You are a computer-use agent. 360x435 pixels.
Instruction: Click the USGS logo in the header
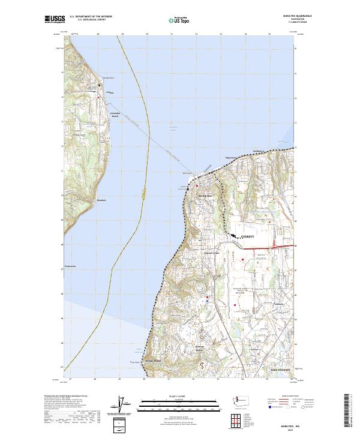pos(53,20)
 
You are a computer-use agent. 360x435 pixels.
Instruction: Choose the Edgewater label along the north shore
pos(231,158)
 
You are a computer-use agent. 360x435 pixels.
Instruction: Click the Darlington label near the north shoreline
pos(258,151)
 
